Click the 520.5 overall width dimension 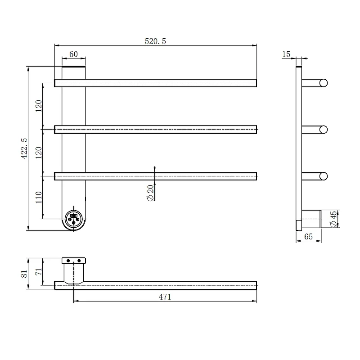pos(155,41)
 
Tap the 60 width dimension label pos(73,54)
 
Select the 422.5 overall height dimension pos(24,148)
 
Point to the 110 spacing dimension pos(39,198)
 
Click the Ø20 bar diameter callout pos(150,193)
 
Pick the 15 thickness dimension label pos(286,54)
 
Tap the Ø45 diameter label pos(333,219)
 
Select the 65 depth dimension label pos(308,237)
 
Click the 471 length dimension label pos(165,297)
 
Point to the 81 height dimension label pos(24,274)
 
